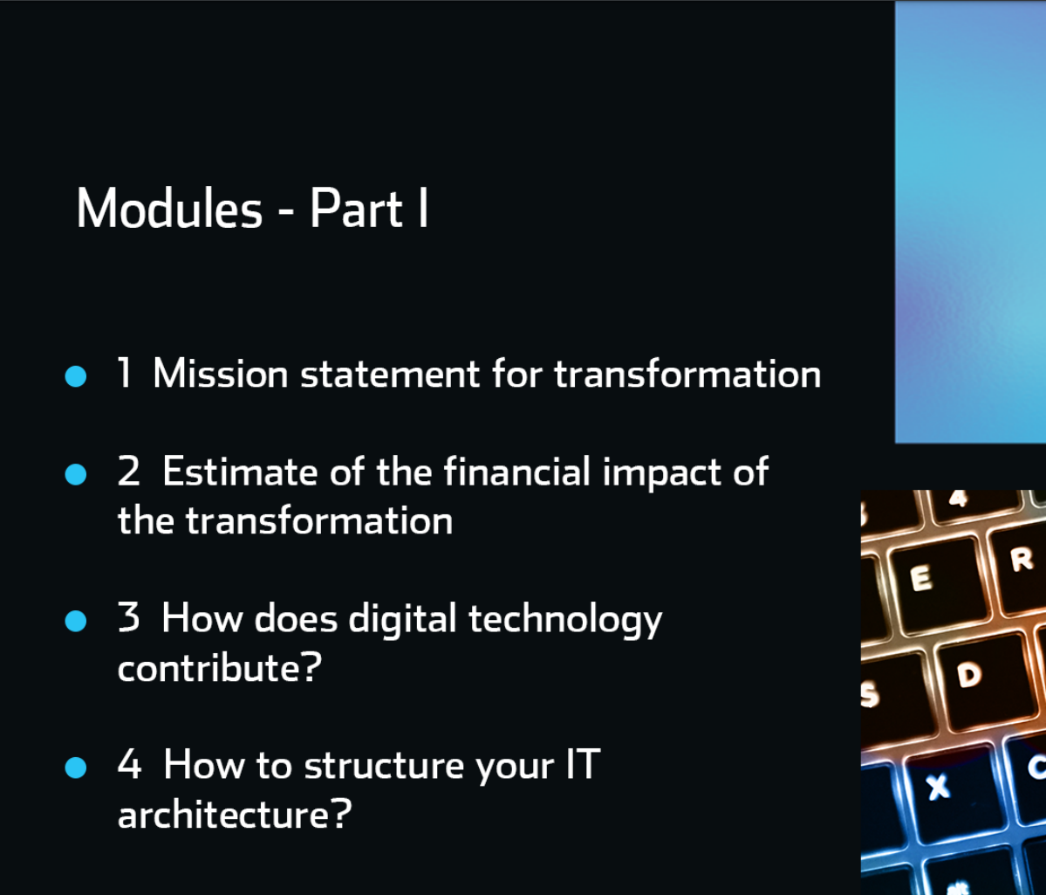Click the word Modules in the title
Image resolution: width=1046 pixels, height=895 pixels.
pos(169,209)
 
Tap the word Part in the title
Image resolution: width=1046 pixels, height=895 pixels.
pos(356,209)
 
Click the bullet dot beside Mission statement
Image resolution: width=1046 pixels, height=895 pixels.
pos(76,376)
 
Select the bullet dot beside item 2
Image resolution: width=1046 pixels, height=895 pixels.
pos(76,474)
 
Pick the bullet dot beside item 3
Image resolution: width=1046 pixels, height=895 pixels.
pos(76,621)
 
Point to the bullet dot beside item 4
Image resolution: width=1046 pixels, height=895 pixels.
pos(76,768)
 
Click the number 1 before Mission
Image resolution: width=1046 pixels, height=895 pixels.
pos(124,373)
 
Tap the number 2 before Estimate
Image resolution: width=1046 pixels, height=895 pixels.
pos(129,471)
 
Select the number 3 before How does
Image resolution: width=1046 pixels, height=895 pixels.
pos(129,617)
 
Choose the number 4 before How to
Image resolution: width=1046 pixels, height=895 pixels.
pos(129,764)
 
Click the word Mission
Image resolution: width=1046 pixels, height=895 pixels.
pos(220,373)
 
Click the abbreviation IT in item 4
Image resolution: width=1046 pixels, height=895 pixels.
pos(583,764)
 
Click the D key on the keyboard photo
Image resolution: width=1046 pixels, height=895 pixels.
pos(983,680)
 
